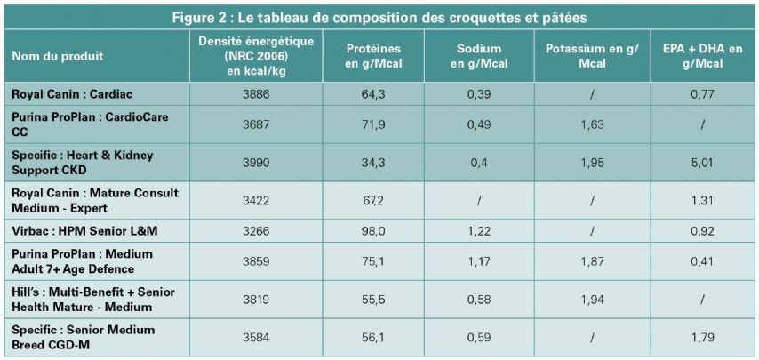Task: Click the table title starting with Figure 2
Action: pyautogui.click(x=379, y=18)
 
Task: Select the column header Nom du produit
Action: pyautogui.click(x=58, y=55)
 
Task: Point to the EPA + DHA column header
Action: pyautogui.click(x=702, y=55)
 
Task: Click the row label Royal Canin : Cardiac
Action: pyautogui.click(x=66, y=92)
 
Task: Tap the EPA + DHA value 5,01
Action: pyautogui.click(x=702, y=162)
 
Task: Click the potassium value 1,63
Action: pyautogui.click(x=592, y=124)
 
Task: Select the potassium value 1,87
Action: pyautogui.click(x=592, y=261)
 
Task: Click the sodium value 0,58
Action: pyautogui.click(x=480, y=300)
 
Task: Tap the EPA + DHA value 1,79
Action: pyautogui.click(x=702, y=337)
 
